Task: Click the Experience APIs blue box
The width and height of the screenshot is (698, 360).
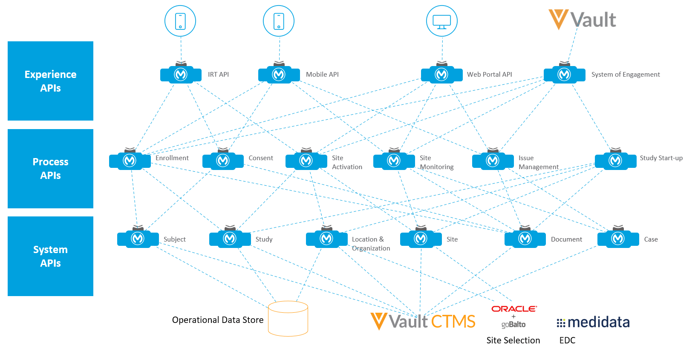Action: point(50,81)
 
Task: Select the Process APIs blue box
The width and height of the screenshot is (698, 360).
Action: point(50,169)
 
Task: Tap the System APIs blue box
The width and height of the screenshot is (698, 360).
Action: point(50,256)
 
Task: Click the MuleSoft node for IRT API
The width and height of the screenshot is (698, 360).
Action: point(181,75)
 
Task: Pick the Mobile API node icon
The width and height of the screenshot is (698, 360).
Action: point(279,75)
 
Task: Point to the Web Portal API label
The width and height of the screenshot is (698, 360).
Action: point(489,75)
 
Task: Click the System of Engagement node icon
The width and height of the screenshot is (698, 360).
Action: point(564,75)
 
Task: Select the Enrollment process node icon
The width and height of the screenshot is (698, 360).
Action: point(130,161)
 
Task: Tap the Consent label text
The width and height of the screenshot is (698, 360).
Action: point(261,158)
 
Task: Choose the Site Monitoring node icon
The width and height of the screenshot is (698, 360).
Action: point(394,161)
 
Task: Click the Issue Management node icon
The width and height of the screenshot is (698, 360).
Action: point(493,161)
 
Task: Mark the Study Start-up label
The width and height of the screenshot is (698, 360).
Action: point(661,158)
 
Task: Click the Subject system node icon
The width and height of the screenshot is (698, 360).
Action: point(138,239)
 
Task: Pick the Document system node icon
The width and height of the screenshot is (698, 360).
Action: point(525,239)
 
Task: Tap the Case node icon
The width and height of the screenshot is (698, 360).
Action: point(618,239)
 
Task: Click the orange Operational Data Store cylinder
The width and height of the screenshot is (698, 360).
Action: point(288,319)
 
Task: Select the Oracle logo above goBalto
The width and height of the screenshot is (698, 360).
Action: point(514,309)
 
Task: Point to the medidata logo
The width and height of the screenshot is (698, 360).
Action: point(593,323)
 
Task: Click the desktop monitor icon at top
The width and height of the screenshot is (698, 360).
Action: point(441,21)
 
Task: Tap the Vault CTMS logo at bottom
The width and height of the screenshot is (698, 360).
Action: point(423,321)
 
